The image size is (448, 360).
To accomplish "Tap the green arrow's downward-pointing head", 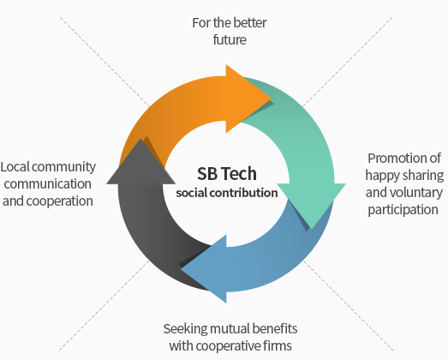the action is coord(312,203).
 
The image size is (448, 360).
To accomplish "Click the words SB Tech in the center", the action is coord(227,173).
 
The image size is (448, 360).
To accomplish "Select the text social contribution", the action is coord(227,193).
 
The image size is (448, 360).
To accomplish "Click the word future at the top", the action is coord(230,39).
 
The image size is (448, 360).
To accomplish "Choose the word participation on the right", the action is coord(403,210).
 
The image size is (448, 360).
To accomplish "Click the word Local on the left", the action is coord(15,167).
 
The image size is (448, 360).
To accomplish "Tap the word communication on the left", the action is coord(48,184).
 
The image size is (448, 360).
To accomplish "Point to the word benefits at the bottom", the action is coord(275,329).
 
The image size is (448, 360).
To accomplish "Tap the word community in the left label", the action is coord(63,167).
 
